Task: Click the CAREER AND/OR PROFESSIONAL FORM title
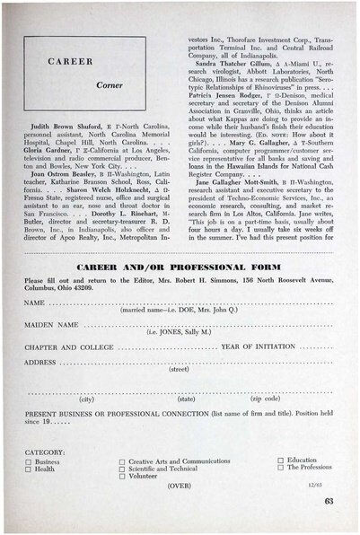[180, 268]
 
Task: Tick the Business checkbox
[29, 461]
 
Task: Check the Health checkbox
[29, 469]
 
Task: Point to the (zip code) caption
[265, 399]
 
